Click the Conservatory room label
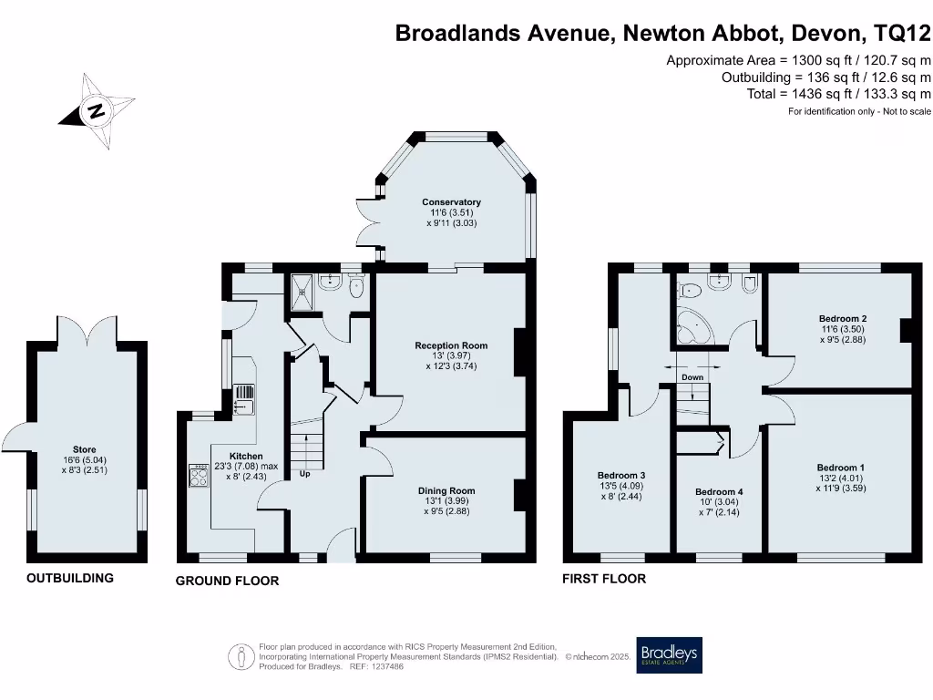451,202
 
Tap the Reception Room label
451,345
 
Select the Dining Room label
446,490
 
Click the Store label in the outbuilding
85,449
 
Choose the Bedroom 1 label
840,468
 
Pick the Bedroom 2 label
842,319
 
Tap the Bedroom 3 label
621,475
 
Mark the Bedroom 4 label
719,492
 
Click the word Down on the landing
692,377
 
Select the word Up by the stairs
304,474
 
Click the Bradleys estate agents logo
669,654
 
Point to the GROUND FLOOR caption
227,581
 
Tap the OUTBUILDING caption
70,578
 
